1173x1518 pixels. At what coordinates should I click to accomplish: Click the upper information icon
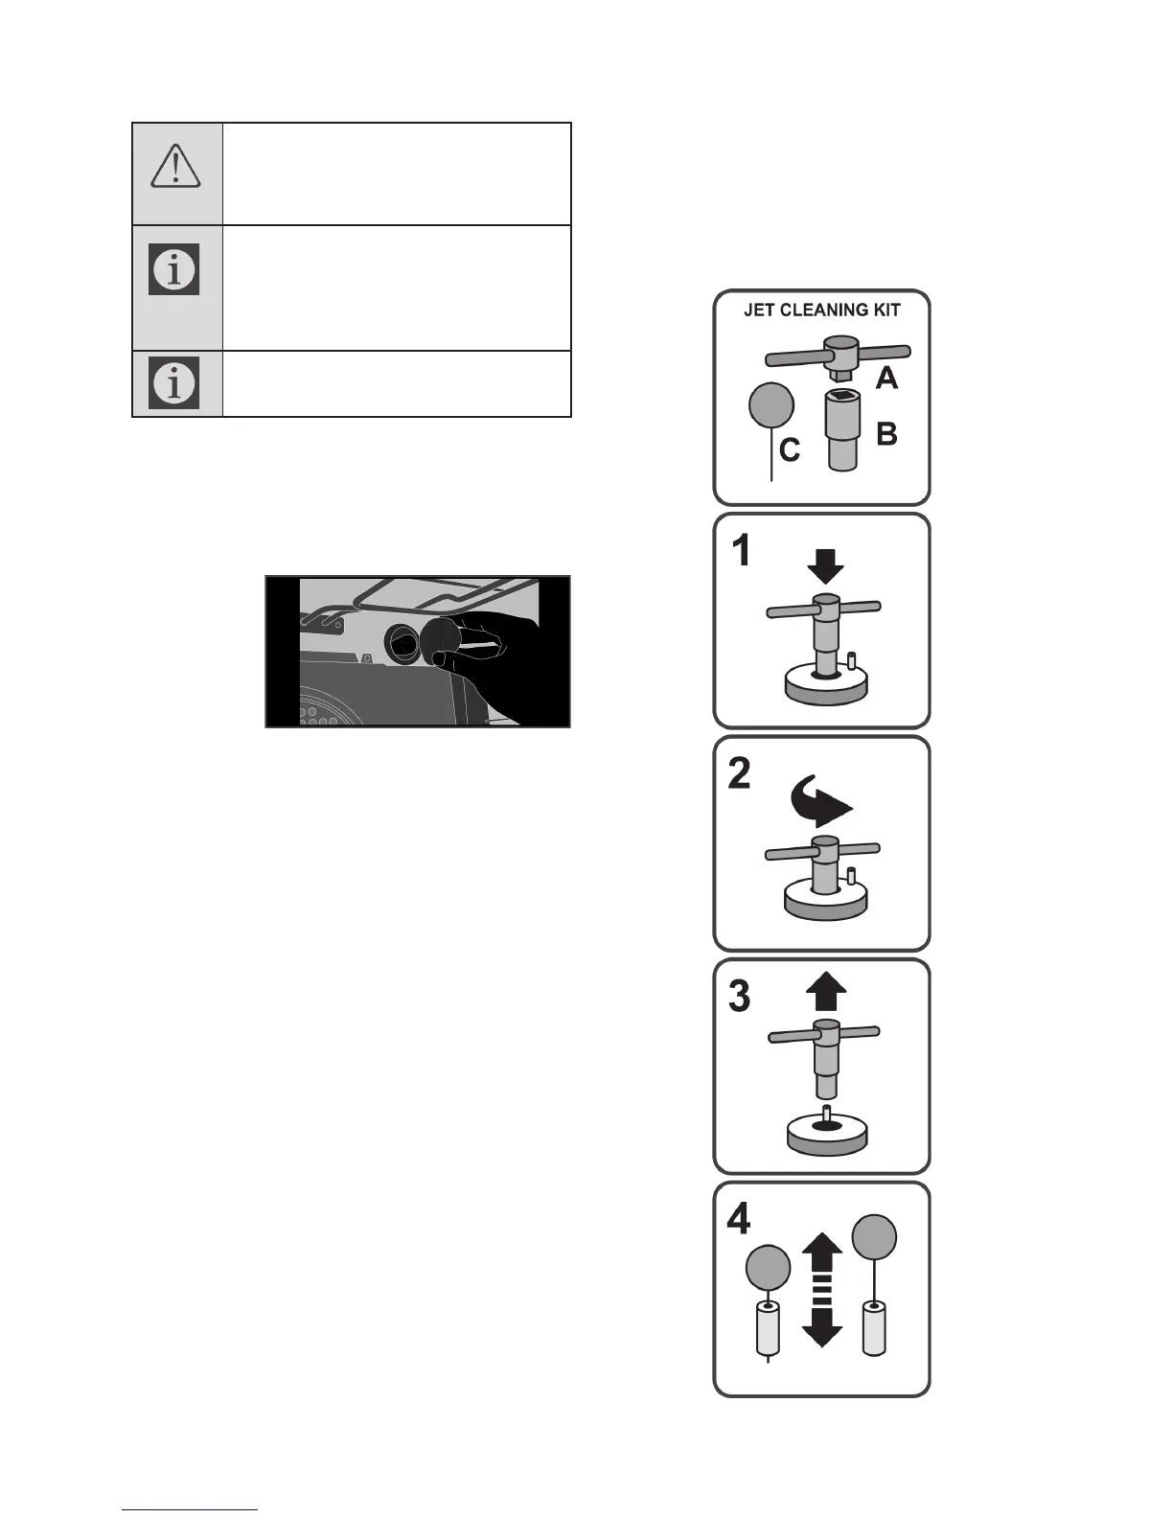[x=174, y=269]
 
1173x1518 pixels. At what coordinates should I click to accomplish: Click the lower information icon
[x=174, y=382]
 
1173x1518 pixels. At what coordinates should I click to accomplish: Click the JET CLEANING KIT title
[x=822, y=310]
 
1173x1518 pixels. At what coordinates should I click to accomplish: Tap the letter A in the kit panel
[x=887, y=379]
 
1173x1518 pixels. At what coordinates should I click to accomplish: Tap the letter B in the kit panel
[x=887, y=434]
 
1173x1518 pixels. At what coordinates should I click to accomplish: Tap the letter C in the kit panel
[x=790, y=449]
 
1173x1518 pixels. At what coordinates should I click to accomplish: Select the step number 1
[x=741, y=551]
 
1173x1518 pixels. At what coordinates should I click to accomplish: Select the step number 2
[x=740, y=773]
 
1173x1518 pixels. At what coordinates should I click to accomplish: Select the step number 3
[x=740, y=997]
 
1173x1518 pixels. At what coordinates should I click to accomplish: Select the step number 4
[x=739, y=1219]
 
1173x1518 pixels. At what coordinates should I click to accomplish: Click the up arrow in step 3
[x=826, y=992]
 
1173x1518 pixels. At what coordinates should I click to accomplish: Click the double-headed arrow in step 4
[x=821, y=1289]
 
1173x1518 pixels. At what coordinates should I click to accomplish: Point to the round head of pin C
[x=770, y=404]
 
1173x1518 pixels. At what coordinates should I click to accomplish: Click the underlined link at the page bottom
[x=190, y=1509]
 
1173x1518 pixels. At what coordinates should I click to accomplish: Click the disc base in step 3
[x=826, y=1134]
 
